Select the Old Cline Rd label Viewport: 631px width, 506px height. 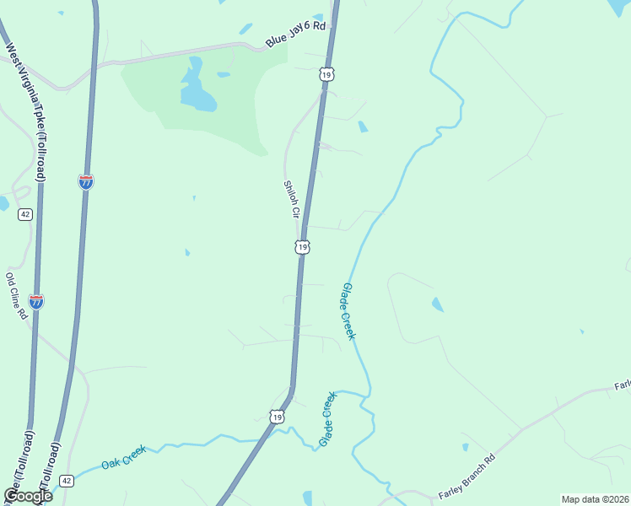pos(16,295)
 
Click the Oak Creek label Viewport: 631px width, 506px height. pos(124,457)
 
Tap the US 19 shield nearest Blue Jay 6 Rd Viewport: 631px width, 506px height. pos(326,74)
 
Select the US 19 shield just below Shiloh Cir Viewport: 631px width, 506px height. pos(302,247)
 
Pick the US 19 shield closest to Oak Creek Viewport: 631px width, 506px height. pos(278,417)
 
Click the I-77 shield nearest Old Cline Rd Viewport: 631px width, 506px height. pos(36,301)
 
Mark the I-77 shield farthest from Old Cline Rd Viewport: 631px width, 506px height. pos(86,181)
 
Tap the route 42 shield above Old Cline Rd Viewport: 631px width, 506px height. pos(25,214)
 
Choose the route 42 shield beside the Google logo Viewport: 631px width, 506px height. pos(67,481)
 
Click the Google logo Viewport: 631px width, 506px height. pos(29,495)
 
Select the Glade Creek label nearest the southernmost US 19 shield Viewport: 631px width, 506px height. pos(327,419)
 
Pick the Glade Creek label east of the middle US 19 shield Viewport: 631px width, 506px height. pos(348,311)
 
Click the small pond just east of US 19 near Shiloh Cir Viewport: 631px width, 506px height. pos(363,126)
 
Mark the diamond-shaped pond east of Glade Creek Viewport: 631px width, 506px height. pos(437,304)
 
